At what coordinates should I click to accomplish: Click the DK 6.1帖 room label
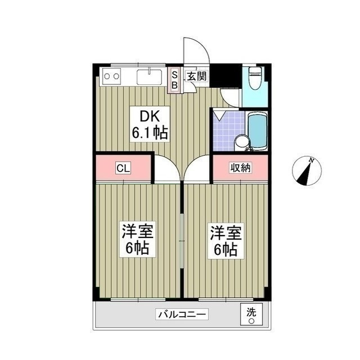click(x=150, y=124)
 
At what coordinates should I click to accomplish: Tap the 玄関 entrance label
click(x=197, y=76)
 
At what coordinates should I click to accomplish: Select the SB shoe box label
click(x=175, y=80)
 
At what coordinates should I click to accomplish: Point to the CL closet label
click(x=123, y=168)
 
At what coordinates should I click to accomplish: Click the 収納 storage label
click(x=240, y=168)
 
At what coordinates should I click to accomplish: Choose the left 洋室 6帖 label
click(x=137, y=240)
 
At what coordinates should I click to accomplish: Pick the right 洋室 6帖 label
click(x=226, y=241)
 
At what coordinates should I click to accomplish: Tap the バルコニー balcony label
click(x=182, y=314)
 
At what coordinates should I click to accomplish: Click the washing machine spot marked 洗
click(x=251, y=314)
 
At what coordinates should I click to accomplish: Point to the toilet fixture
click(x=255, y=78)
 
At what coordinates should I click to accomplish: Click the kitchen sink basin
click(x=150, y=76)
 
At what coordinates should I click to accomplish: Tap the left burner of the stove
click(x=107, y=76)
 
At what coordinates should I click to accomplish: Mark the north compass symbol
click(x=307, y=171)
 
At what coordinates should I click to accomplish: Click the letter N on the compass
click(x=312, y=160)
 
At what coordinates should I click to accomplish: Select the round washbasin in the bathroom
click(x=241, y=142)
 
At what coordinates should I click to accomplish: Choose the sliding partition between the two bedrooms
click(x=182, y=241)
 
